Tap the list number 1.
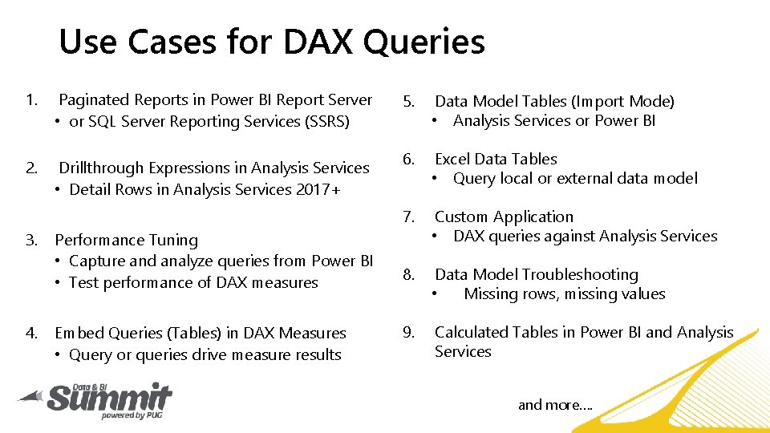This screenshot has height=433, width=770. (30, 100)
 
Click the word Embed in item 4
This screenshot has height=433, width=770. (75, 334)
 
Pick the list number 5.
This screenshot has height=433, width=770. (408, 102)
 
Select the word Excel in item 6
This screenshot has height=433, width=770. (452, 160)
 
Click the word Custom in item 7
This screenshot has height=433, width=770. (460, 217)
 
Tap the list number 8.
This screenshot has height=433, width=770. (408, 275)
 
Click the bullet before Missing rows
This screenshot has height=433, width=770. (434, 294)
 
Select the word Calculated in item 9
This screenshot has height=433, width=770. (472, 333)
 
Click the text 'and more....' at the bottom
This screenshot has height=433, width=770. (555, 405)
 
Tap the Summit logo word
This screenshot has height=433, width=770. (108, 397)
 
